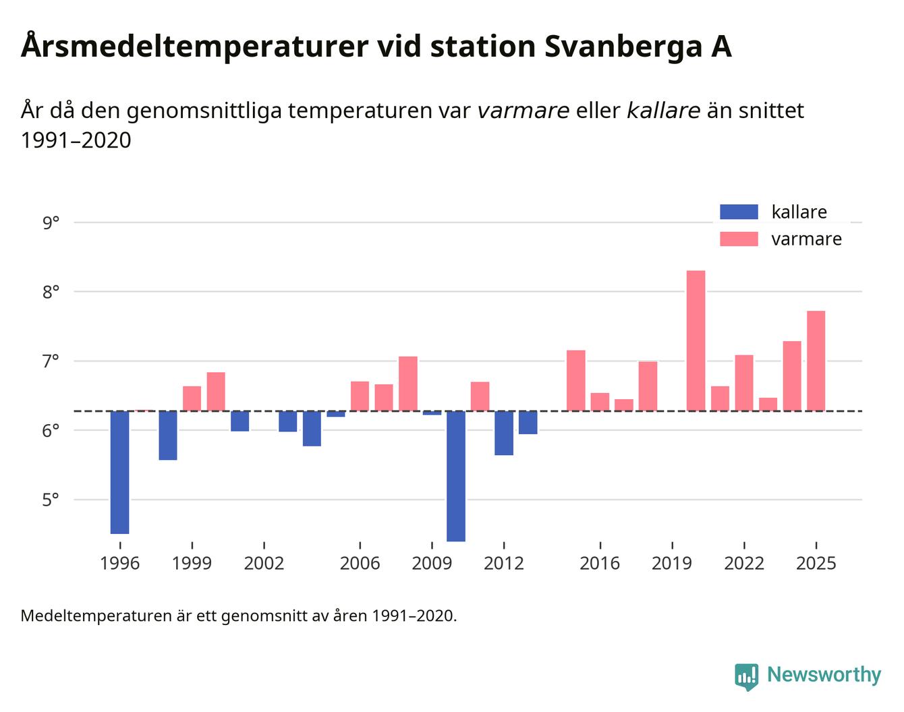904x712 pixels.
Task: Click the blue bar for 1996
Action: point(120,472)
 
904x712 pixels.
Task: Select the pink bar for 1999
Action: point(192,398)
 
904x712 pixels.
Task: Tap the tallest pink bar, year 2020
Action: point(696,340)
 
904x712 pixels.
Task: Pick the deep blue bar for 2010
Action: point(456,476)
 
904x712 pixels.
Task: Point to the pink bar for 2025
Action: point(816,361)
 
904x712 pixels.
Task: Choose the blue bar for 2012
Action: point(504,433)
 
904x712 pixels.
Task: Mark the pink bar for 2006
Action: point(360,396)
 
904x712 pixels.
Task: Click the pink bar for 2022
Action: point(744,383)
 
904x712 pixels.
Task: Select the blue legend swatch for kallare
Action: point(739,212)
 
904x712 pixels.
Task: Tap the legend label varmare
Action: point(806,239)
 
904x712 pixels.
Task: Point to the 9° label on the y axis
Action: point(51,222)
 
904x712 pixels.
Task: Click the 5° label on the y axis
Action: point(51,500)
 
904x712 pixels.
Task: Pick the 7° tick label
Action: point(51,361)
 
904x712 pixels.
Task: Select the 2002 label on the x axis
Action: point(264,563)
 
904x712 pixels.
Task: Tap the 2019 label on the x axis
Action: point(672,563)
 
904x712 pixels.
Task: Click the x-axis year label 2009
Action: point(432,563)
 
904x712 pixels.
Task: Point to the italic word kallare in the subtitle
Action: point(663,111)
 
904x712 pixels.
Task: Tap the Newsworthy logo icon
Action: point(746,676)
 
